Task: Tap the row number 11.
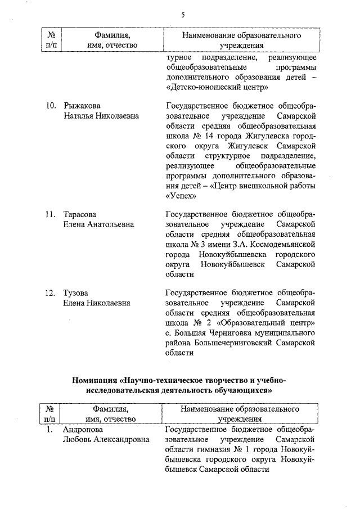point(50,214)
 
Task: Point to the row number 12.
point(50,292)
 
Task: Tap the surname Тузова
point(76,292)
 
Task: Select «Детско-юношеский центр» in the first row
point(213,88)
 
